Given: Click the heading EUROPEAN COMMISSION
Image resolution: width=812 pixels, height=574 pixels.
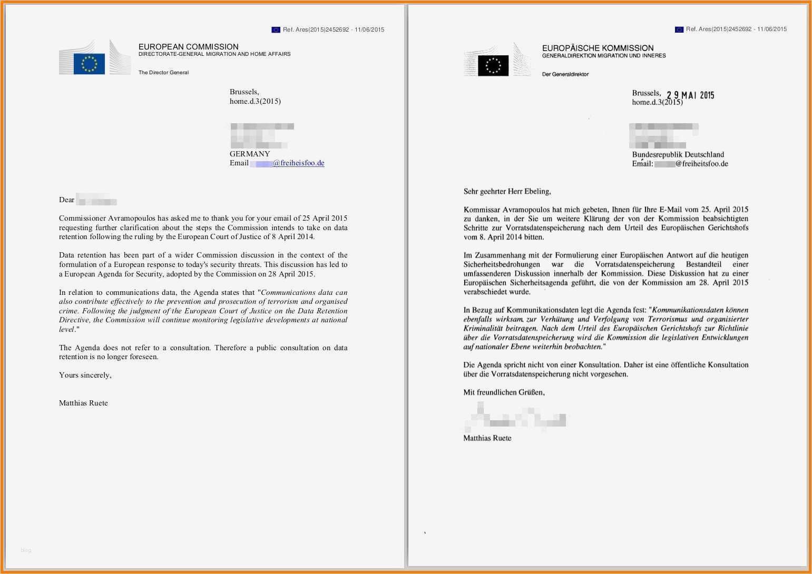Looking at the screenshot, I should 188,47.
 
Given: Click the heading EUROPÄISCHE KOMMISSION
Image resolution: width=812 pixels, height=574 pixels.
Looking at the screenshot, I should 598,48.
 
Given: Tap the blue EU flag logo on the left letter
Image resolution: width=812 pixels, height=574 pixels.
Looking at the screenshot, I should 89,64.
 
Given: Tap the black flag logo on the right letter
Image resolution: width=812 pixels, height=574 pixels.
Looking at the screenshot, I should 493,66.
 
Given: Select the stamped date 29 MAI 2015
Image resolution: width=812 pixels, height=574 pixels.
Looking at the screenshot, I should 690,95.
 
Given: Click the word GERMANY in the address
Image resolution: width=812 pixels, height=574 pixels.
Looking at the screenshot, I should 250,154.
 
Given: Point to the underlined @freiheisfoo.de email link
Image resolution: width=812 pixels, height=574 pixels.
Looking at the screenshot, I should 298,163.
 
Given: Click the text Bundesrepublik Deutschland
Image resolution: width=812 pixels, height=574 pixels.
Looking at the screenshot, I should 678,154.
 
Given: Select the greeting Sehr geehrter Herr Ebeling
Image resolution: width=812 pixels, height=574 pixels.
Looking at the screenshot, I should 507,191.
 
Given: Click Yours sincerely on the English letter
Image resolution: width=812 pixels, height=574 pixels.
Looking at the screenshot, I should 85,375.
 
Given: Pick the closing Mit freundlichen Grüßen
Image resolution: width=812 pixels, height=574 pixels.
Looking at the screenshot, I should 504,392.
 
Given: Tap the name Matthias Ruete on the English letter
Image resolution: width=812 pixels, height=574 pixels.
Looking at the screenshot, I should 83,403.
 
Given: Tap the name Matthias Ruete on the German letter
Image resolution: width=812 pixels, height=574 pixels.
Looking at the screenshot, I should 487,438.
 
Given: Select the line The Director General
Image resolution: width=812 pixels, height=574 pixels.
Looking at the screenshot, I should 163,73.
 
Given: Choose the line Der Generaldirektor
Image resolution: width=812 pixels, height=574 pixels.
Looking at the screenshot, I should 565,74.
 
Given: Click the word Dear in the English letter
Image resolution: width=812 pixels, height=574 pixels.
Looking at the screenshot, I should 67,200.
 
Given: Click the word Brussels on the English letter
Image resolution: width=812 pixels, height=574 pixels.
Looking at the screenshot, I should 243,92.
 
